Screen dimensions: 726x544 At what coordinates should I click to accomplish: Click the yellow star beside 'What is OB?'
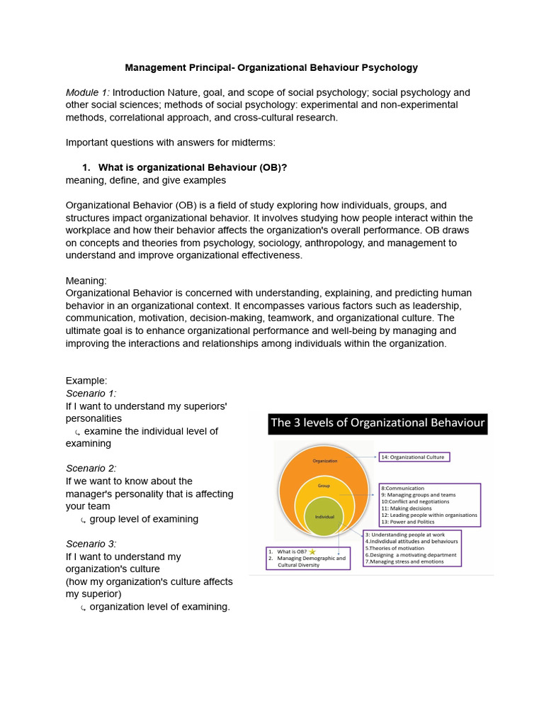click(312, 551)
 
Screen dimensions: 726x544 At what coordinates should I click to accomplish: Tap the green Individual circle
click(324, 518)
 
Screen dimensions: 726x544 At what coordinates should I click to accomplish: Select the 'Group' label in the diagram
click(324, 486)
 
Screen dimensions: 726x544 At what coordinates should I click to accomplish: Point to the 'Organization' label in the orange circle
click(325, 460)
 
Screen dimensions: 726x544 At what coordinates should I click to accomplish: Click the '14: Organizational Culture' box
click(414, 457)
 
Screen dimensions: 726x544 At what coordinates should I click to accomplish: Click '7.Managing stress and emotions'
click(404, 562)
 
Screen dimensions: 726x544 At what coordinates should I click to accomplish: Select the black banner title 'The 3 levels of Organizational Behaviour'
click(378, 424)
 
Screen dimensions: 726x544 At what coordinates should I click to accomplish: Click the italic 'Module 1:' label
click(87, 93)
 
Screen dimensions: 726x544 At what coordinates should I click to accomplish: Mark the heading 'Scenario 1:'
click(91, 393)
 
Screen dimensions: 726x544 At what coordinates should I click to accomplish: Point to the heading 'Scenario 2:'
click(91, 468)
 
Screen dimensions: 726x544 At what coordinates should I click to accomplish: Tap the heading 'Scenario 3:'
click(91, 544)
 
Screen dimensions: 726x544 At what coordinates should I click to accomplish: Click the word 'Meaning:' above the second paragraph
click(86, 281)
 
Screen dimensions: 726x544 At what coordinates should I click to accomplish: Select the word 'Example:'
click(86, 381)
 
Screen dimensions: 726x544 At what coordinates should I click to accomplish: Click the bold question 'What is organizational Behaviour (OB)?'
click(192, 168)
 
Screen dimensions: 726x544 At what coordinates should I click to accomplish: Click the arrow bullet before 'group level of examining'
click(83, 520)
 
